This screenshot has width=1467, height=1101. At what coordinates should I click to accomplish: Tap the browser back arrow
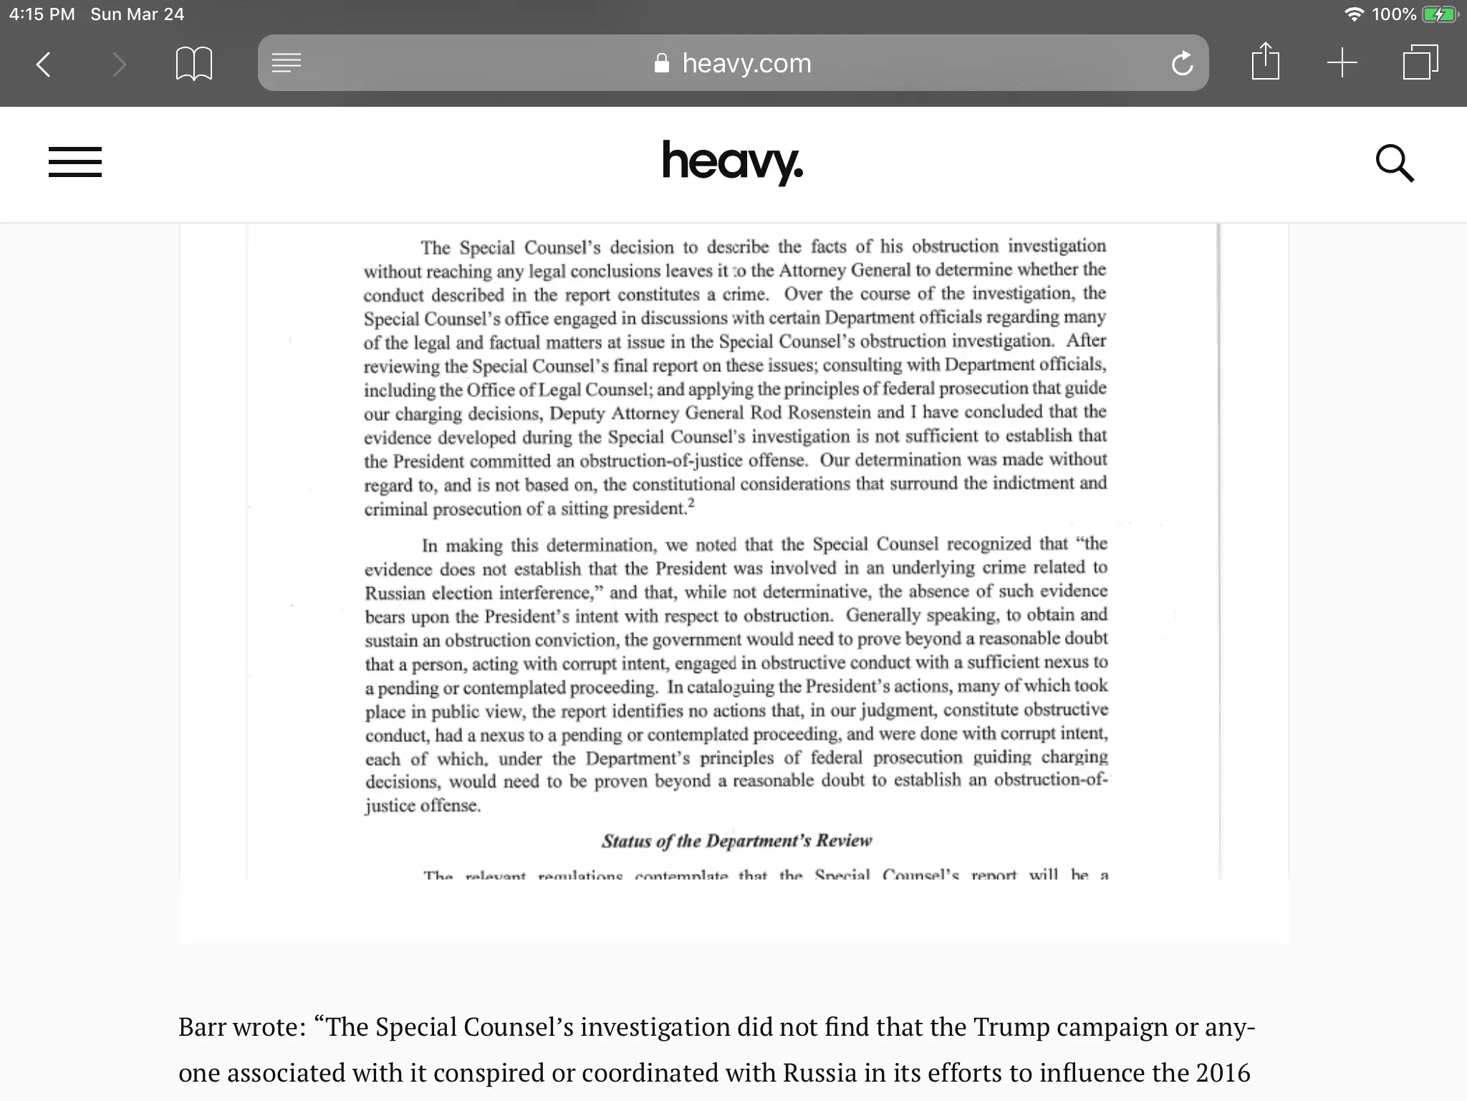[44, 64]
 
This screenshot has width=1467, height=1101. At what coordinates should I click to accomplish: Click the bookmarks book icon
[193, 64]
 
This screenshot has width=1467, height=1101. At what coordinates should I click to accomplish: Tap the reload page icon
[1182, 64]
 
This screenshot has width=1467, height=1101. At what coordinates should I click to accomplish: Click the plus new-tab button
[1342, 63]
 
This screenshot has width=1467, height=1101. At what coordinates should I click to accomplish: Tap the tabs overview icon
[1420, 63]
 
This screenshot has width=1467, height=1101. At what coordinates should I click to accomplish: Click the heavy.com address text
[746, 64]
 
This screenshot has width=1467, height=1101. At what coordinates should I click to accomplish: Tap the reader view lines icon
[287, 63]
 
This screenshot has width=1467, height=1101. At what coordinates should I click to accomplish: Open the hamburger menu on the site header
[75, 162]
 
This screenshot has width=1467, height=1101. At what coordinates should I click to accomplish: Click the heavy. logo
[732, 162]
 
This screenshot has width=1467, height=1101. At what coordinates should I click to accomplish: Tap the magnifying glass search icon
[1394, 163]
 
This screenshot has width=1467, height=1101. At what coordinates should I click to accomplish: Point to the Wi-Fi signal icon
[1353, 14]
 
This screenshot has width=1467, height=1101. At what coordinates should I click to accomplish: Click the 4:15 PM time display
[42, 14]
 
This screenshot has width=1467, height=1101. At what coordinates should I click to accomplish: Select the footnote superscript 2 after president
[691, 504]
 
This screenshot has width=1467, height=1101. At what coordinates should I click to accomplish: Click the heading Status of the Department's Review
[736, 841]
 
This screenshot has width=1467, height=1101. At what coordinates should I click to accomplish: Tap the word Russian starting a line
[395, 594]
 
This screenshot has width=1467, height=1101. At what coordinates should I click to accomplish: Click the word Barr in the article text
[206, 1027]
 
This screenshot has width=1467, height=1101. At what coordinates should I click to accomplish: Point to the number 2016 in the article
[1223, 1073]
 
